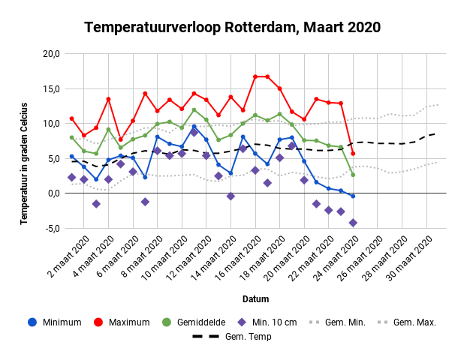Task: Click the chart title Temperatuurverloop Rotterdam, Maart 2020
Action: coord(232,28)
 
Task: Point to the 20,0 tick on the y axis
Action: coord(50,54)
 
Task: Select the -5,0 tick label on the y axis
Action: coord(50,228)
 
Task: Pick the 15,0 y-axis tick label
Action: coord(50,88)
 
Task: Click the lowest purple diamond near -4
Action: coord(353,223)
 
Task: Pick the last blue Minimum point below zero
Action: coord(353,196)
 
